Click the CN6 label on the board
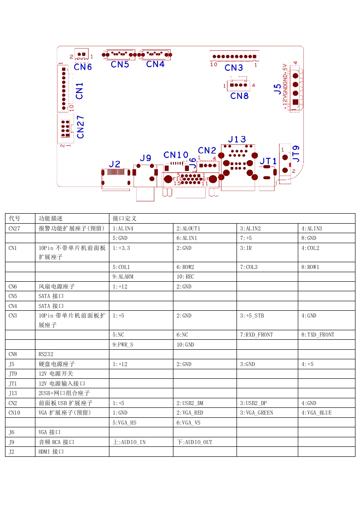point(83,67)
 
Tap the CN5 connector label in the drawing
point(120,64)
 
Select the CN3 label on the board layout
point(234,68)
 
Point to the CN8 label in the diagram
point(239,96)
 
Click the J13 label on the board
point(237,139)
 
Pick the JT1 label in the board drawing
point(268,161)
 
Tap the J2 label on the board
point(115,164)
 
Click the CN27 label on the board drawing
point(81,127)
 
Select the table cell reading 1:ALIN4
point(123,228)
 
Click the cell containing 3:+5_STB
point(252,316)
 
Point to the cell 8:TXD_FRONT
point(318,335)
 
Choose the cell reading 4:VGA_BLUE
point(316,413)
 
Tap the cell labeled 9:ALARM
point(123,277)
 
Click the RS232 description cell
point(46,354)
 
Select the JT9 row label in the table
point(13,374)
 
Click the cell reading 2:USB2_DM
point(190,403)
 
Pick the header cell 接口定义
point(125,218)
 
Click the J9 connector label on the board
point(145,158)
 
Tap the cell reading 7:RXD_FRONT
point(256,335)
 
